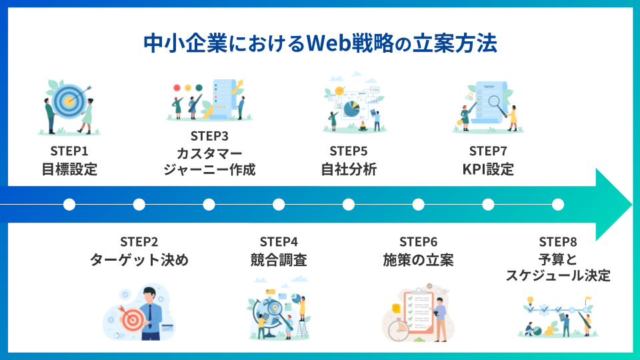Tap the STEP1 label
(69, 151)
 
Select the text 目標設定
(69, 169)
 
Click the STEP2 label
(139, 241)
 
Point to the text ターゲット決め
(139, 260)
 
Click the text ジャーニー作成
(209, 169)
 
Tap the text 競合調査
(279, 260)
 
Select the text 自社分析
(349, 169)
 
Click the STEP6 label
(419, 241)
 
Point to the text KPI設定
(488, 169)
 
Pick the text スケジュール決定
(558, 275)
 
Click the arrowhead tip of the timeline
(629, 204)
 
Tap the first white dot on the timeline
(69, 204)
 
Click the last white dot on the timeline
(558, 204)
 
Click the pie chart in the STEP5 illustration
(351, 108)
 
